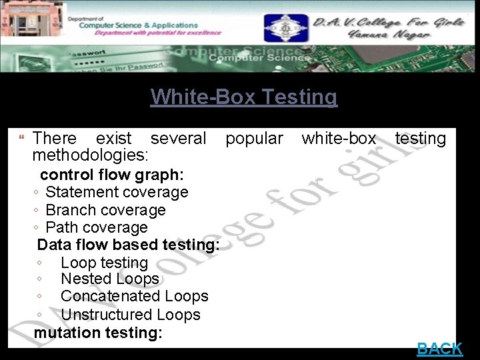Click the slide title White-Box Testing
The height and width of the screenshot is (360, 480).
click(244, 97)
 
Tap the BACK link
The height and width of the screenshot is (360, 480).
click(439, 348)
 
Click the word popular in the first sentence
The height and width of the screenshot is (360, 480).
click(254, 139)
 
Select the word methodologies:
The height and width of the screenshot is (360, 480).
click(91, 155)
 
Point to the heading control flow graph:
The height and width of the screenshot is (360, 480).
click(112, 175)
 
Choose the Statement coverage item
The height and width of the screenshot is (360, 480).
click(117, 193)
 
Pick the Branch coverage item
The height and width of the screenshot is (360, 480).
click(105, 210)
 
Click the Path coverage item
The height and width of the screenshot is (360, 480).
click(97, 227)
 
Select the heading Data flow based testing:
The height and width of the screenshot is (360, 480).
click(129, 245)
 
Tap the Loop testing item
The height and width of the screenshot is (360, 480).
click(104, 263)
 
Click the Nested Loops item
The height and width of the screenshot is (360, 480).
click(109, 279)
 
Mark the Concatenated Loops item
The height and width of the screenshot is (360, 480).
click(134, 297)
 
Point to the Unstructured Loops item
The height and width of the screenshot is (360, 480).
click(130, 315)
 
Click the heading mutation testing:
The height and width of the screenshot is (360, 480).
click(98, 332)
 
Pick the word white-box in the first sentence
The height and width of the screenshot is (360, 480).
click(339, 139)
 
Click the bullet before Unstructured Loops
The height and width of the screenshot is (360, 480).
click(41, 315)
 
